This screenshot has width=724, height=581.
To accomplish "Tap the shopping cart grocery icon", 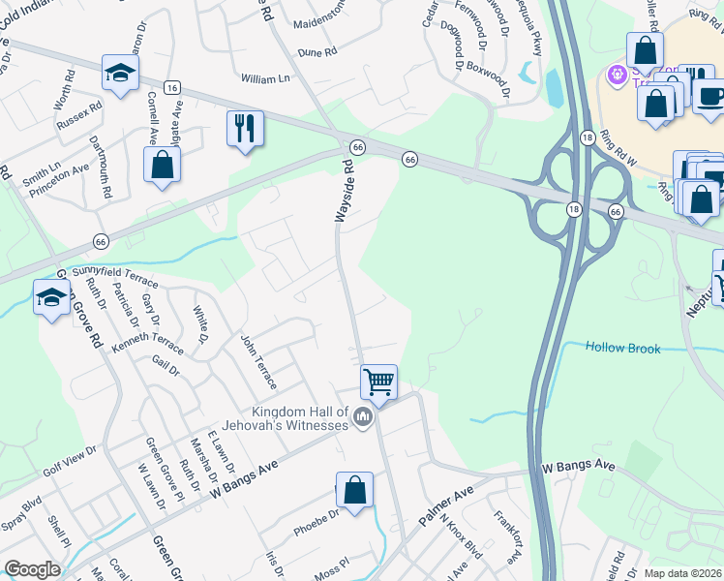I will [x=378, y=381].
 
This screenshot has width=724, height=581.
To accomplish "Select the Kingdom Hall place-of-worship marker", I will [x=364, y=417].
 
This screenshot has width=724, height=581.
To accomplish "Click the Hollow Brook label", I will [x=624, y=348].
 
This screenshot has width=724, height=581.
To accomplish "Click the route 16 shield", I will [x=172, y=87].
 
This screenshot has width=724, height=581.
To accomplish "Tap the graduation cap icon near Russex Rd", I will [x=121, y=73].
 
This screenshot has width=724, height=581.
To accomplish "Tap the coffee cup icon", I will [x=710, y=96].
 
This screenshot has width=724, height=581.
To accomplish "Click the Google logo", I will [x=33, y=568].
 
